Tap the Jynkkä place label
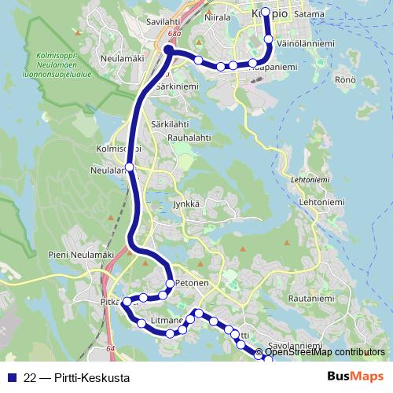pos(187,204)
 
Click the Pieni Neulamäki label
pos(76,255)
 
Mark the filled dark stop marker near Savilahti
pos(168,50)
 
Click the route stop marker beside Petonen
pos(170,283)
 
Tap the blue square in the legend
pos(12,377)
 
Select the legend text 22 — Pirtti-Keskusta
pos(77,377)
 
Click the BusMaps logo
pos(355,376)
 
